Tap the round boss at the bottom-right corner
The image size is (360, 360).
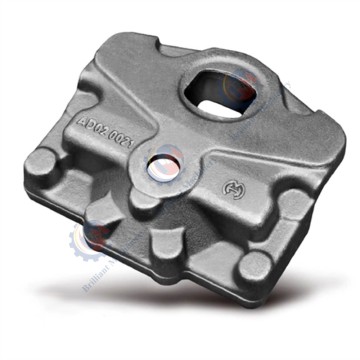point(253,267)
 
